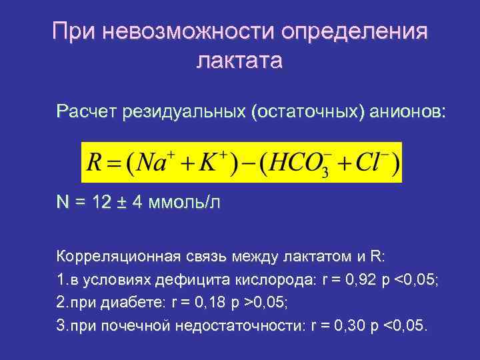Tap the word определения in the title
[x=355, y=31]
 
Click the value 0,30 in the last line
[x=354, y=327]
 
